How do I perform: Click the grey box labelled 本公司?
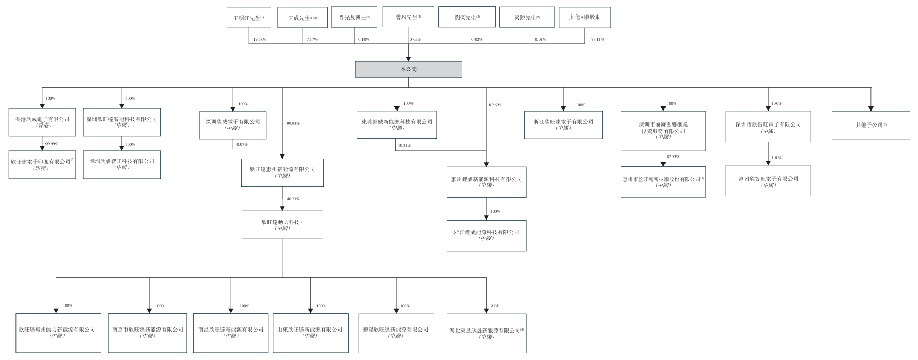click(408, 70)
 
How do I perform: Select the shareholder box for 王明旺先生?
click(248, 17)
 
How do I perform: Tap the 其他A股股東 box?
click(584, 17)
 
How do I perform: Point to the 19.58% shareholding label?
click(260, 40)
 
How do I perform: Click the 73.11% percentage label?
click(597, 40)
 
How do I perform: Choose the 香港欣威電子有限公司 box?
click(42, 122)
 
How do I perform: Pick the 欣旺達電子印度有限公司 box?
click(42, 164)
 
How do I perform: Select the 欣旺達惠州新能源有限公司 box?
click(282, 173)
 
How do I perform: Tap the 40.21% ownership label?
click(293, 199)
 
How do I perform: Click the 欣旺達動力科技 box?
click(282, 225)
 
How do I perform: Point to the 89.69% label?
click(495, 105)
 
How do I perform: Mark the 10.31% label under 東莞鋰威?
click(404, 146)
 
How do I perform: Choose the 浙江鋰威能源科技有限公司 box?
click(486, 236)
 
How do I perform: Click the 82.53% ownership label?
click(673, 156)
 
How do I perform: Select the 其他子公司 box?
click(870, 125)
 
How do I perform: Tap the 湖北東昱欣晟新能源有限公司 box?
click(486, 333)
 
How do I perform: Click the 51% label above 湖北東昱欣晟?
click(494, 306)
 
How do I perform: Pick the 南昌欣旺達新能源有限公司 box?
click(231, 332)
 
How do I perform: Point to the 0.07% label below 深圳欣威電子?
click(242, 145)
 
